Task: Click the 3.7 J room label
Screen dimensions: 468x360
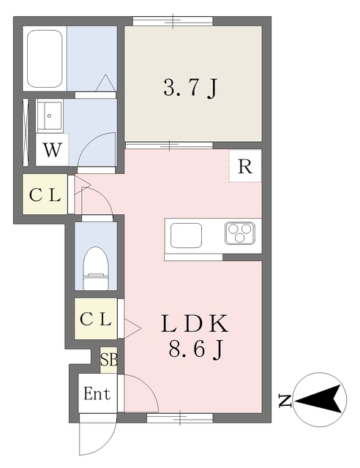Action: (190, 88)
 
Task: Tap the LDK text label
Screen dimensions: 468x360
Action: (195, 322)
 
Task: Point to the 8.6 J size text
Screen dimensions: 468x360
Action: (195, 350)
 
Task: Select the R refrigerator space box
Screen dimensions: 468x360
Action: (245, 167)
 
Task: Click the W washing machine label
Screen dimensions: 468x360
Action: (51, 151)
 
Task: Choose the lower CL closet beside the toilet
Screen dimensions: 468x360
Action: (96, 319)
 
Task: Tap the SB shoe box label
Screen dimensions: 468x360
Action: (108, 360)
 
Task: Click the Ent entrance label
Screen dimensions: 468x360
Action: (97, 394)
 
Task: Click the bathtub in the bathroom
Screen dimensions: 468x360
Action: (45, 58)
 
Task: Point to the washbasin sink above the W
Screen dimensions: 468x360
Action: (52, 115)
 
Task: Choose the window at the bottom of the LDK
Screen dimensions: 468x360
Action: (179, 418)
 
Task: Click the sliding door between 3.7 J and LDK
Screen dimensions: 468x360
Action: (170, 145)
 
